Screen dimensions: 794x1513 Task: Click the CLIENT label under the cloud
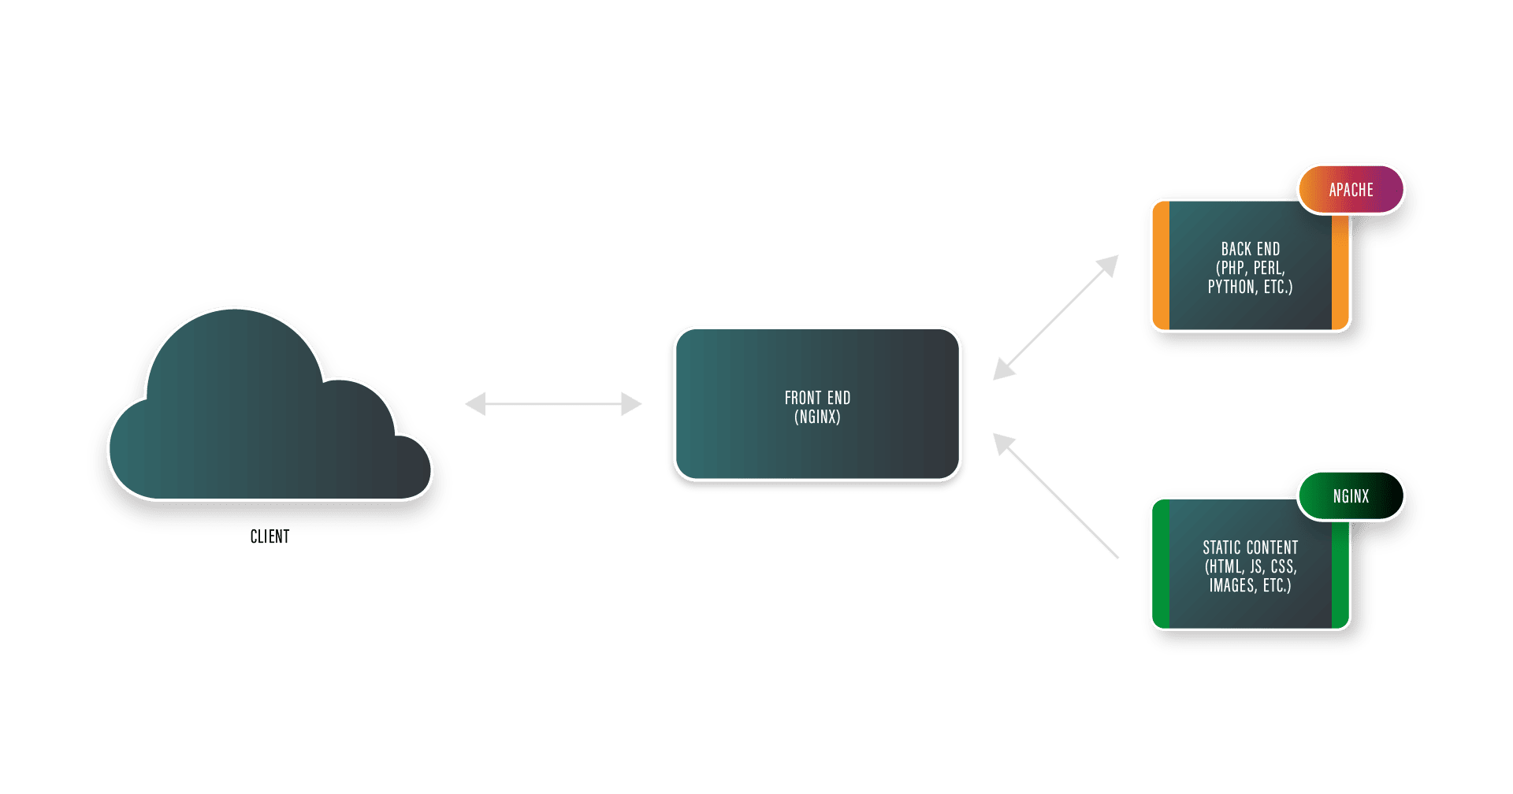[x=270, y=537]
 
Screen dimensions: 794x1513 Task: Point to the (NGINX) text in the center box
[x=817, y=417]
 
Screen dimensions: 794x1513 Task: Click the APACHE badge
[x=1351, y=190]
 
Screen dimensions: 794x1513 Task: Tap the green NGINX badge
[x=1351, y=496]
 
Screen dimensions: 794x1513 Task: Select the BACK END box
[x=1250, y=307]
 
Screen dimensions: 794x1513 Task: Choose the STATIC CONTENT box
[x=1250, y=607]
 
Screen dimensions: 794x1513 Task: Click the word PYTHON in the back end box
[x=1232, y=288]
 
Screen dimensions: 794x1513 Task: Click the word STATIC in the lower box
[x=1222, y=547]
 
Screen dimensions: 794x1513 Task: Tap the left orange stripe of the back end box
[x=1160, y=266]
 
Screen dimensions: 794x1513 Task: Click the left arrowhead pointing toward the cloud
[x=474, y=404]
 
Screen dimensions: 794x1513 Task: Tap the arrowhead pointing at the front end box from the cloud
[x=633, y=404]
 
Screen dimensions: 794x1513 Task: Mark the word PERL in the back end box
[x=1269, y=268]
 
